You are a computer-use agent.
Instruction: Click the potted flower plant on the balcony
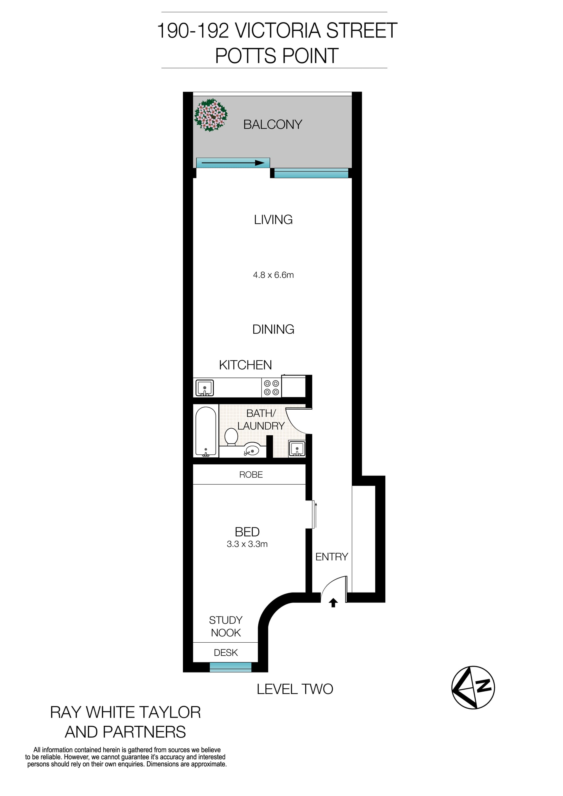[211, 115]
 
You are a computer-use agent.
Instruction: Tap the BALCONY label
[272, 125]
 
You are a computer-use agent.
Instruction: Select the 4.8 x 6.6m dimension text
[273, 275]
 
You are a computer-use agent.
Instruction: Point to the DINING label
[273, 329]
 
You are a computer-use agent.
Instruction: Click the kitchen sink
[205, 388]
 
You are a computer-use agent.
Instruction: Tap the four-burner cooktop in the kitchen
[272, 388]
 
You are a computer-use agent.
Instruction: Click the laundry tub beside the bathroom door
[297, 449]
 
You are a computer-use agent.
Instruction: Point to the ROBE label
[251, 475]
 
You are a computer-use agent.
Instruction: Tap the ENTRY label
[331, 556]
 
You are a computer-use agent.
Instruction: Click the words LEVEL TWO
[295, 689]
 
